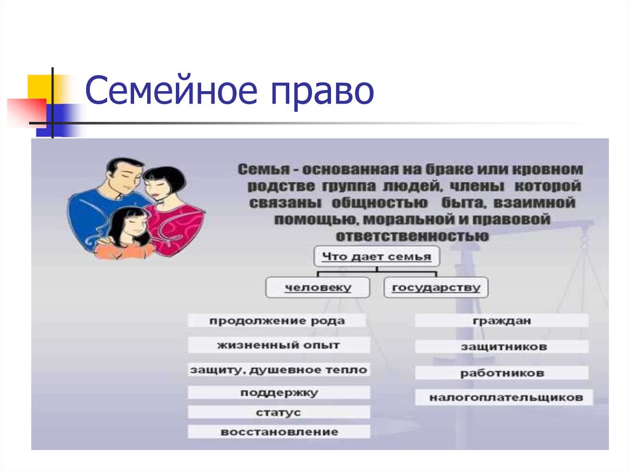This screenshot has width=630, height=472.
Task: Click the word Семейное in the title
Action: (x=171, y=90)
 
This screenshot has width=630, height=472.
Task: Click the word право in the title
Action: (x=322, y=94)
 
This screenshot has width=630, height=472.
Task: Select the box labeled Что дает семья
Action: (x=377, y=257)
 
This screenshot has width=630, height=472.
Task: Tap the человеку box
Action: (x=318, y=287)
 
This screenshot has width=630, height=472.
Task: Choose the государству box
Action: (x=436, y=287)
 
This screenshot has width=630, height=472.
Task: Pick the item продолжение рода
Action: (x=277, y=321)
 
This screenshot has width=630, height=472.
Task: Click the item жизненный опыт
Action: (x=279, y=345)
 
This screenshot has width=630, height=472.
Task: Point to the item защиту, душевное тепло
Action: (x=279, y=370)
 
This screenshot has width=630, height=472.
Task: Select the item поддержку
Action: (x=279, y=393)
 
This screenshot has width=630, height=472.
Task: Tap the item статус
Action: (x=279, y=412)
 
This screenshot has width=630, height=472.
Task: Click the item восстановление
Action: (x=279, y=432)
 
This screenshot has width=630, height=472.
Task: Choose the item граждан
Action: (x=501, y=321)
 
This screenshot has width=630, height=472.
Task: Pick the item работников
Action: (x=502, y=373)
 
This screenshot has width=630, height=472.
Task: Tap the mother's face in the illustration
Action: (x=158, y=188)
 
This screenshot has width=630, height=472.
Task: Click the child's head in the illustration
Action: (x=130, y=226)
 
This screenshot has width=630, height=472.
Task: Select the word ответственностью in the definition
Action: (x=412, y=236)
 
